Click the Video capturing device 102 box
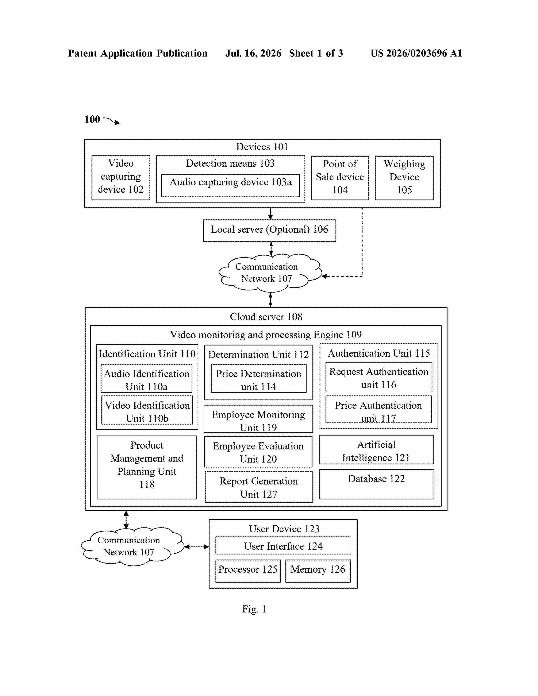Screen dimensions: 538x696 (x=121, y=178)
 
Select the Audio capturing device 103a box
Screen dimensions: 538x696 (x=230, y=185)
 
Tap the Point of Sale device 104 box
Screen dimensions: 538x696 (x=340, y=178)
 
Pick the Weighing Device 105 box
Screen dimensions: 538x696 (x=404, y=178)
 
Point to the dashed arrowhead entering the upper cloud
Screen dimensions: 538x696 (x=324, y=276)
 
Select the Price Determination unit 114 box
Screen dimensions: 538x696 (x=258, y=378)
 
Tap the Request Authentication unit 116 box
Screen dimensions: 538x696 (x=379, y=377)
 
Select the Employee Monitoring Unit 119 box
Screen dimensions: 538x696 (x=258, y=419)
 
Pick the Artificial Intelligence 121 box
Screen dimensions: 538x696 (x=376, y=449)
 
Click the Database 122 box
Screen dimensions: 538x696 (x=376, y=484)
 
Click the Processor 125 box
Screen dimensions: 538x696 (x=248, y=571)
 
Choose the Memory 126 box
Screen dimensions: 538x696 (x=318, y=571)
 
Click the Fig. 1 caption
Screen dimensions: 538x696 (x=254, y=609)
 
